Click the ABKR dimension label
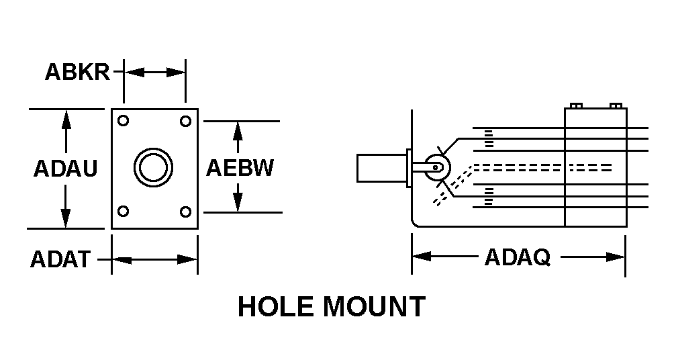(x=77, y=71)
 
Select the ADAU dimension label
(x=65, y=168)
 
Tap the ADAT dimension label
(x=60, y=259)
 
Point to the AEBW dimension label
(x=240, y=167)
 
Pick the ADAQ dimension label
(x=517, y=257)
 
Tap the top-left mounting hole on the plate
(x=123, y=121)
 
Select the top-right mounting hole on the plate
(x=185, y=121)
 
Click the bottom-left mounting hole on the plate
(x=123, y=212)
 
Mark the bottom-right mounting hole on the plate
(x=185, y=212)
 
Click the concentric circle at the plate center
(x=153, y=166)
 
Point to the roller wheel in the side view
(x=436, y=167)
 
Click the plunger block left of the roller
(x=379, y=167)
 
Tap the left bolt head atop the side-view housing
(x=575, y=105)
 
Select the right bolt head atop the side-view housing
(x=616, y=105)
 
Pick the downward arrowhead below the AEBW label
(x=237, y=203)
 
